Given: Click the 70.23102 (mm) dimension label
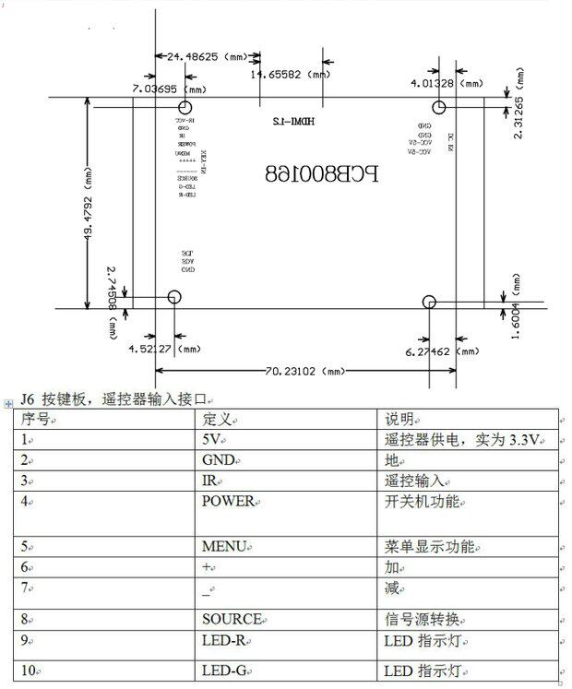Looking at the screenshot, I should tap(305, 371).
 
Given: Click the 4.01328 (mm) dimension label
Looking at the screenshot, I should tap(447, 83).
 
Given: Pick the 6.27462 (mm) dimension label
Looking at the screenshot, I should tap(443, 351).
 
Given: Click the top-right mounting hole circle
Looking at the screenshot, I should tap(439, 108).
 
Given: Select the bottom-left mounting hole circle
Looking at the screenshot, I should tap(173, 298).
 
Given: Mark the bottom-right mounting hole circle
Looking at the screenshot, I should tap(428, 303).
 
